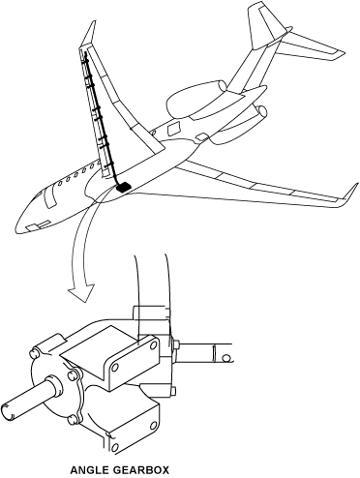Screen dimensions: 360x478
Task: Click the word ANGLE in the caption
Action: (93, 468)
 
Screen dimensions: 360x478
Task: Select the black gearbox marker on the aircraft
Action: (123, 187)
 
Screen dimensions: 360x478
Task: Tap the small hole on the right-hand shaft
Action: (227, 358)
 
